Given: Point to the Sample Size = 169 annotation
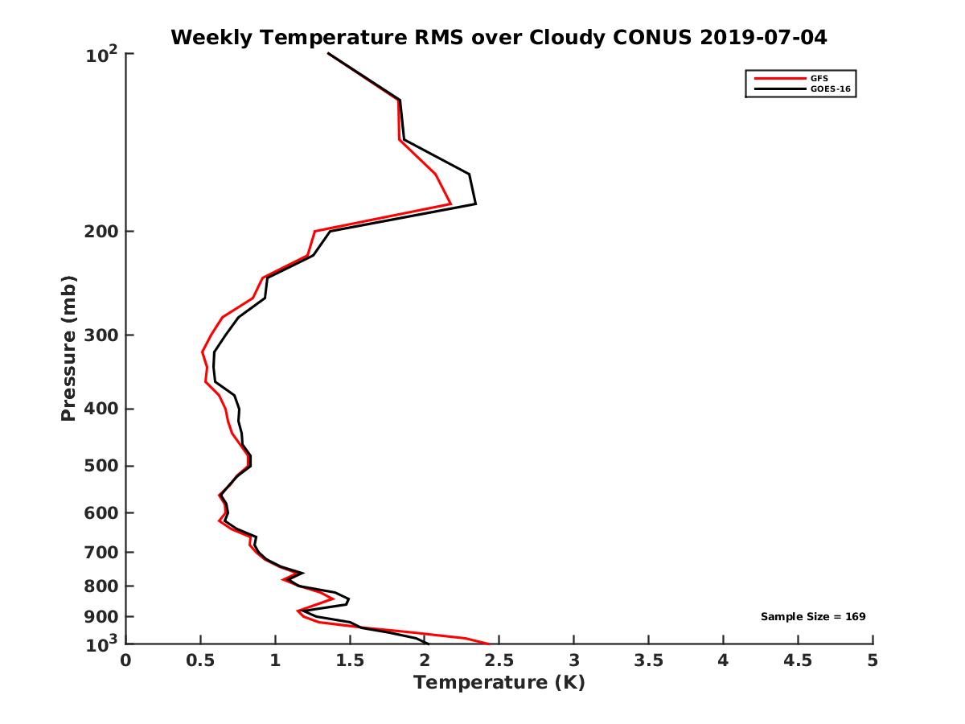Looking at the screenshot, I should click(x=813, y=617).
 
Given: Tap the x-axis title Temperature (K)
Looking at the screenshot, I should click(x=499, y=683).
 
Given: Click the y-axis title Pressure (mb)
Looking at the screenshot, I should click(x=68, y=348).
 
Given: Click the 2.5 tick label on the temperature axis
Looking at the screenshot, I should click(x=499, y=660).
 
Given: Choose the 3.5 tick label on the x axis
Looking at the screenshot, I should click(x=649, y=660).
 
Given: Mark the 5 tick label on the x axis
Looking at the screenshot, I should click(x=873, y=660).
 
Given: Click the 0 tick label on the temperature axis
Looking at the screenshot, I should click(x=126, y=660).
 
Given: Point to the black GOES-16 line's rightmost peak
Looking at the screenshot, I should click(x=475, y=204).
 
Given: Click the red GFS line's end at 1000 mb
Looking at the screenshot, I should click(x=489, y=644).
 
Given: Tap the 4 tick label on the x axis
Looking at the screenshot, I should click(x=724, y=660).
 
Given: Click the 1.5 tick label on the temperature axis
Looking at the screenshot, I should click(x=350, y=660).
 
